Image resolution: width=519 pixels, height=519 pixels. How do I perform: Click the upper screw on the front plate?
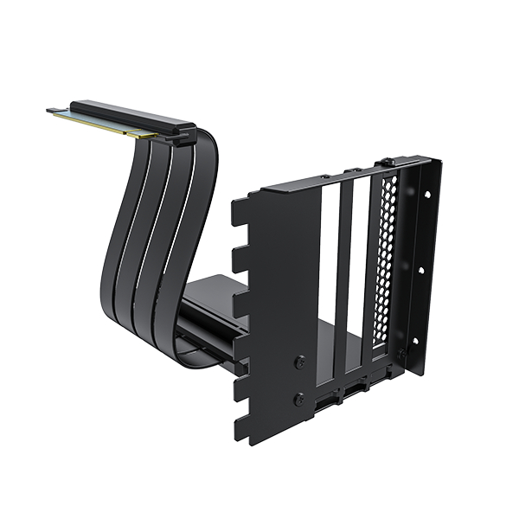pyautogui.click(x=299, y=362)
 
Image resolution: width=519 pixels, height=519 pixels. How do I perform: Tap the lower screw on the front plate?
pyautogui.click(x=298, y=400)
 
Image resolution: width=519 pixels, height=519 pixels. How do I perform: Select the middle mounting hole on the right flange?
pyautogui.click(x=420, y=271)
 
